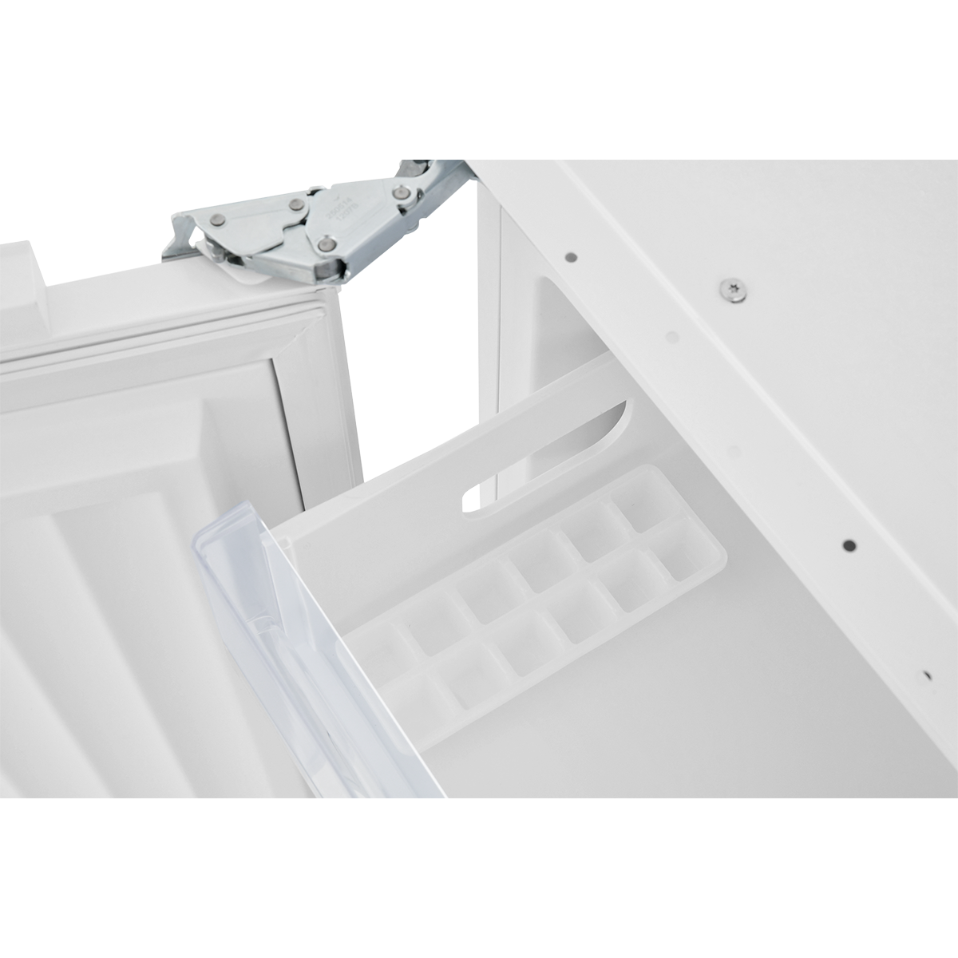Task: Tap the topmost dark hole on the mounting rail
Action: tap(571, 258)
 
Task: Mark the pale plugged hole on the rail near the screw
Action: tap(671, 337)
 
